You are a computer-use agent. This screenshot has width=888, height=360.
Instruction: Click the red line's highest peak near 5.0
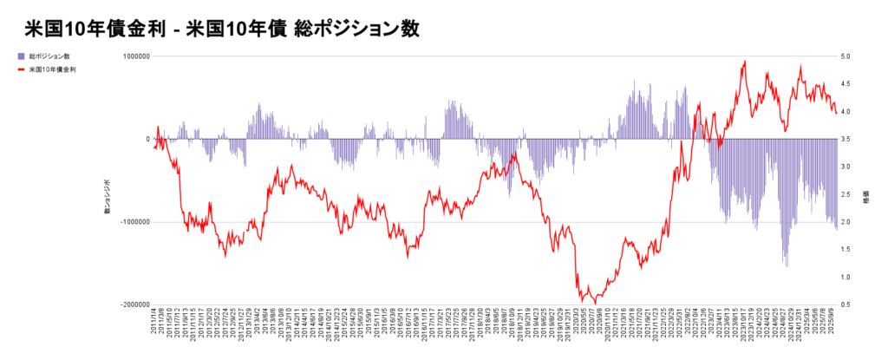pyautogui.click(x=744, y=62)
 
